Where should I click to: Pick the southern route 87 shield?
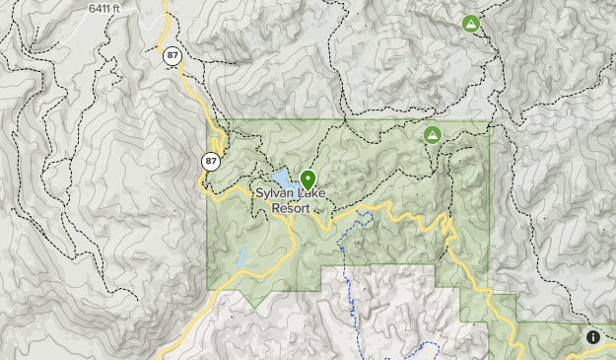coord(211,160)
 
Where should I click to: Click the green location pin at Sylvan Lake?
coord(308,180)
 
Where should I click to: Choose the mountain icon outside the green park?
coord(471,24)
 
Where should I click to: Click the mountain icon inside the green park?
coord(432,134)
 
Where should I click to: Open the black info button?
coord(592,337)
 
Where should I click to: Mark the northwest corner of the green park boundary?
coord(207,121)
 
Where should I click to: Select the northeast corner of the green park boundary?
coord(489,121)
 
